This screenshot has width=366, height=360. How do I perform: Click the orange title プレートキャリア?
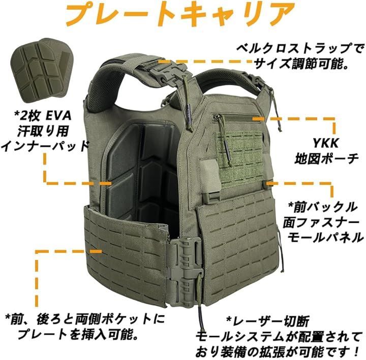pos(180,14)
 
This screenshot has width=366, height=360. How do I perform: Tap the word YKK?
pos(326,143)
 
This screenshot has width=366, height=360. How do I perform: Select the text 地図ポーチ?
pos(326,159)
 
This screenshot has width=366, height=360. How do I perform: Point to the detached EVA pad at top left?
pos(43,70)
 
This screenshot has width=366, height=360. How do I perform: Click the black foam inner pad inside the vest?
pos(142,173)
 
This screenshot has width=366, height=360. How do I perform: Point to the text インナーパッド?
pos(45,146)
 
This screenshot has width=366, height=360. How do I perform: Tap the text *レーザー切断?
pos(268,321)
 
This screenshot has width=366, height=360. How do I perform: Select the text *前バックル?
pos(323,207)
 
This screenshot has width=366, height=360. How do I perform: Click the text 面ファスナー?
pos(321,222)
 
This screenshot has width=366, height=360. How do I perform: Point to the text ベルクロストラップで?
pos(300,48)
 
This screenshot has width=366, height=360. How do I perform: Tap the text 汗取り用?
pos(43,131)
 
